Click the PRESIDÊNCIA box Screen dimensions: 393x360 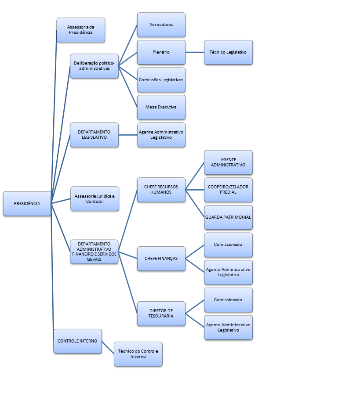pos(27,204)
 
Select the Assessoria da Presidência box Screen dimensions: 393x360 pos(81,30)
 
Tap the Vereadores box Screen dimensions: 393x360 pos(161,25)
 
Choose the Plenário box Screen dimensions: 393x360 pos(161,52)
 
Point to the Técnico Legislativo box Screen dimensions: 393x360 pos(228,52)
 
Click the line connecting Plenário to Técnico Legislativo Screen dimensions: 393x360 pos(195,52)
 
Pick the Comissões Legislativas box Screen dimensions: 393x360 pos(161,79)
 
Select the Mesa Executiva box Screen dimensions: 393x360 pos(161,107)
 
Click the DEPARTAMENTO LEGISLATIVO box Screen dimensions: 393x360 pos(94,135)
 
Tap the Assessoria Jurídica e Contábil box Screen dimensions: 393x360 pos(95,199)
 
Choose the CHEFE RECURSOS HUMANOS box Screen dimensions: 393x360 pos(161,190)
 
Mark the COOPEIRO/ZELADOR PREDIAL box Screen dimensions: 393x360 pos(228,190)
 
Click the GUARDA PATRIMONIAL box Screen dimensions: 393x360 pos(228,217)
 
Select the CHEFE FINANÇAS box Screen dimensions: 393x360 pos(161,259)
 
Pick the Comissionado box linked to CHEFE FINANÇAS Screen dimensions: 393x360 pos(228,245)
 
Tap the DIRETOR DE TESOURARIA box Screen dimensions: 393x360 pos(161,314)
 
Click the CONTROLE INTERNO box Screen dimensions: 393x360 pos(77,341)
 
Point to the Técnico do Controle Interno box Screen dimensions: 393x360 pos(138,354)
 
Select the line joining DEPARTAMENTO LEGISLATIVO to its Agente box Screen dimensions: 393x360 pos(128,135)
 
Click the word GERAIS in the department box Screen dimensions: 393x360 pos(94,260)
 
